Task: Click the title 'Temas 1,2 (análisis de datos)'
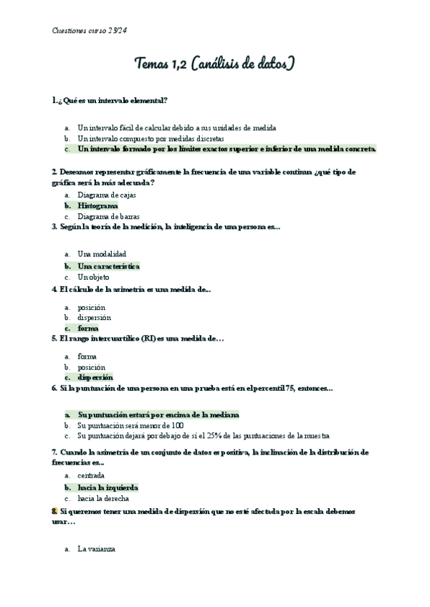pyautogui.click(x=215, y=64)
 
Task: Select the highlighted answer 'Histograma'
pyautogui.click(x=98, y=205)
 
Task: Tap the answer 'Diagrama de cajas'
pyautogui.click(x=107, y=195)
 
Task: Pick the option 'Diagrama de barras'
pyautogui.click(x=108, y=216)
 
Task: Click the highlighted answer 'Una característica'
pyautogui.click(x=108, y=266)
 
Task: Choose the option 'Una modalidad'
pyautogui.click(x=102, y=254)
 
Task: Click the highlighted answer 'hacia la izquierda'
pyautogui.click(x=107, y=487)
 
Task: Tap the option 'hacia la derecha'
pyautogui.click(x=103, y=498)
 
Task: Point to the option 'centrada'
pyautogui.click(x=91, y=475)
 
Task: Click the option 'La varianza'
pyautogui.click(x=96, y=550)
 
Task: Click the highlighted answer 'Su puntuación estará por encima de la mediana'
pyautogui.click(x=158, y=414)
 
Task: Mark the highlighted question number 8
pyautogui.click(x=54, y=513)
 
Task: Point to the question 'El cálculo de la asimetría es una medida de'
pyautogui.click(x=132, y=289)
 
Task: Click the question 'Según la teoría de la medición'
pyautogui.click(x=166, y=227)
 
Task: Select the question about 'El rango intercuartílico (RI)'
pyautogui.click(x=138, y=338)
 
